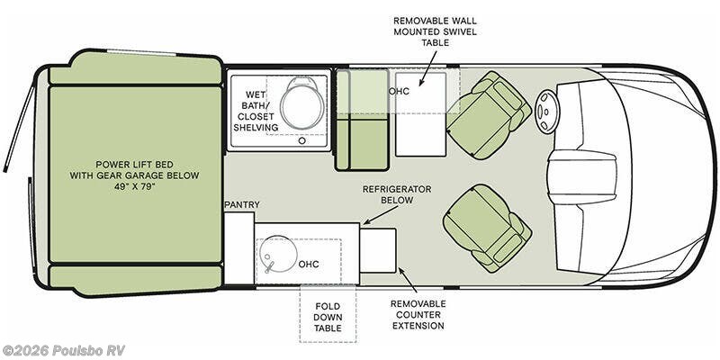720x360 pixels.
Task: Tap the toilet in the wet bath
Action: [300, 104]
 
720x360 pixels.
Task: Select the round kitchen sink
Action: [278, 256]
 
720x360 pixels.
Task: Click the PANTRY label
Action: [242, 205]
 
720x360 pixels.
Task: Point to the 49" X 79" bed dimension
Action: [134, 187]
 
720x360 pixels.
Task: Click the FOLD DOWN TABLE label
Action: [328, 318]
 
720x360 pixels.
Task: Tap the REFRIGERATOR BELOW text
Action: [397, 194]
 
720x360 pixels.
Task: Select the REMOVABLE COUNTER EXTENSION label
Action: [418, 315]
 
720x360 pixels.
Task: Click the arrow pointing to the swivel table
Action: [427, 68]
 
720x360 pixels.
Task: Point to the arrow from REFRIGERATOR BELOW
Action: [380, 215]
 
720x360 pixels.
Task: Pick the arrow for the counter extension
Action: [408, 280]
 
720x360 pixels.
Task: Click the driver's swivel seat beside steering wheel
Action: [489, 115]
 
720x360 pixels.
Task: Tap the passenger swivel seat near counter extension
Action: [487, 228]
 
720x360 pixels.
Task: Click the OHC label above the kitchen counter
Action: [309, 265]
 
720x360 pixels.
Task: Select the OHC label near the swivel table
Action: [399, 92]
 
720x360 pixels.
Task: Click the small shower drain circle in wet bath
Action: [301, 141]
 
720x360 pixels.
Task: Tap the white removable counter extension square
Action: [378, 250]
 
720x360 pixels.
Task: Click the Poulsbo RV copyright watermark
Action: [63, 350]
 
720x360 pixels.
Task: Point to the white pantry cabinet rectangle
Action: [239, 248]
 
